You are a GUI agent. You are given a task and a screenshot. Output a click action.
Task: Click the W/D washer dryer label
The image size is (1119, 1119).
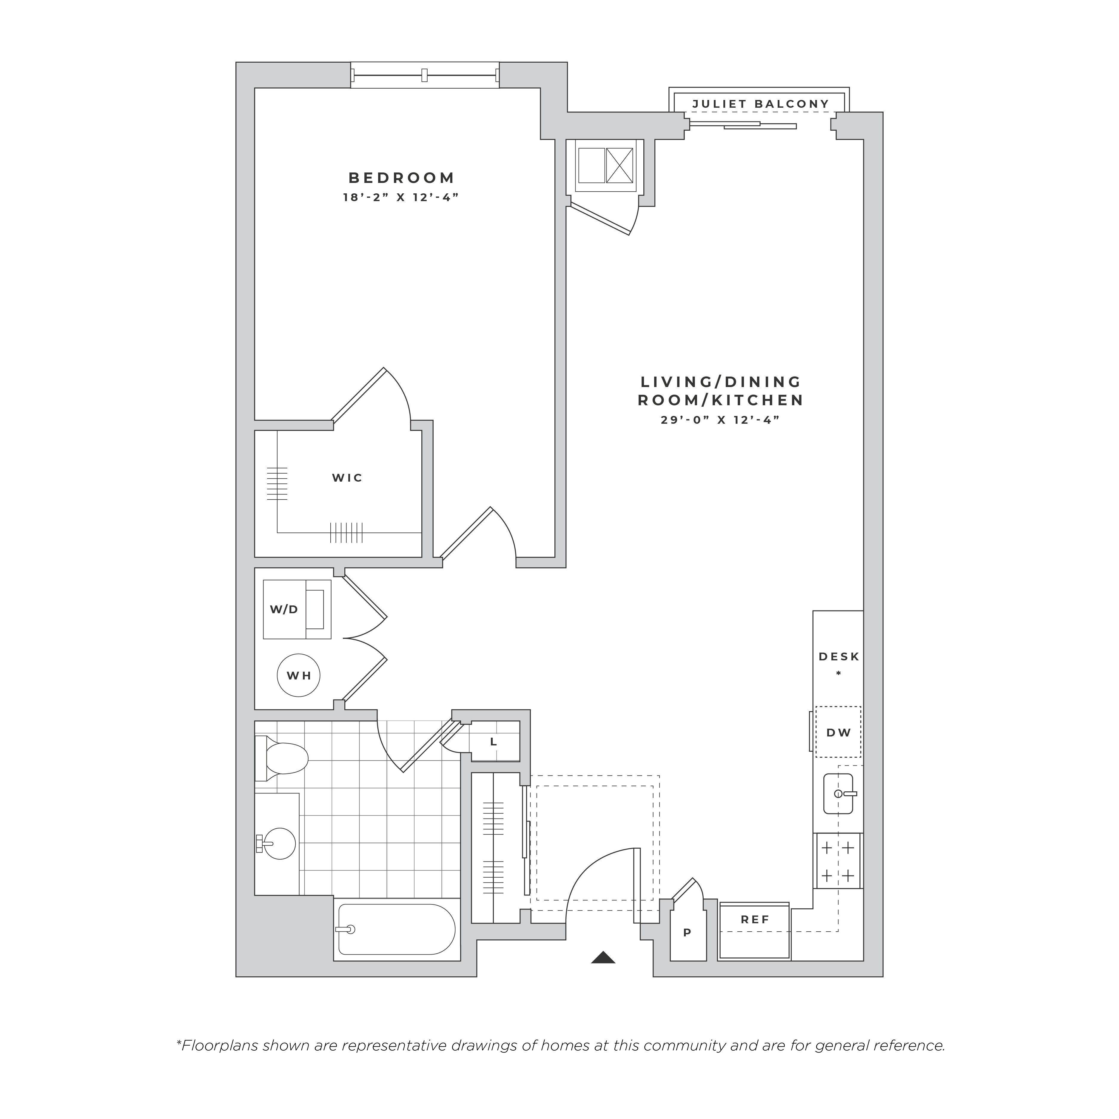tap(284, 609)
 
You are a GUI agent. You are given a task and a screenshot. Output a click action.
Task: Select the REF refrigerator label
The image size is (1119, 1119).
tap(755, 920)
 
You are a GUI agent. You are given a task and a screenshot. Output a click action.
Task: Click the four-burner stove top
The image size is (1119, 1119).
tap(838, 861)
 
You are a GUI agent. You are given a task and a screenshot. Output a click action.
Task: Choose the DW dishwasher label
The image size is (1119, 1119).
tap(839, 733)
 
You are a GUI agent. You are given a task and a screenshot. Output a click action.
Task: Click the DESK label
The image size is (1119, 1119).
tap(839, 657)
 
